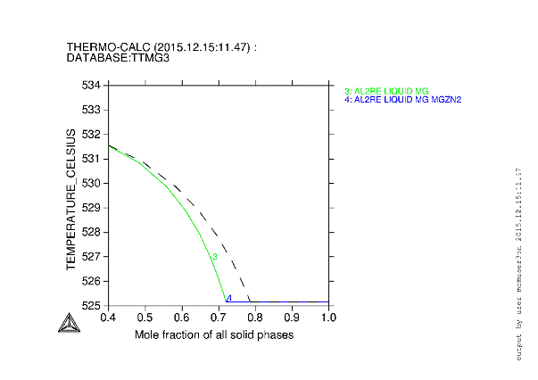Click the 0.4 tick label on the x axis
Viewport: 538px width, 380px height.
pyautogui.click(x=108, y=318)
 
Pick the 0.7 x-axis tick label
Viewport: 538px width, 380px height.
pyautogui.click(x=219, y=318)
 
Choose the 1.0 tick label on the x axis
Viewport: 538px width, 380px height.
pyautogui.click(x=329, y=318)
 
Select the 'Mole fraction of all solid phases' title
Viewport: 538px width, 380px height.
pyautogui.click(x=214, y=335)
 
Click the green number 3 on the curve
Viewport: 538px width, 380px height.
pyautogui.click(x=214, y=257)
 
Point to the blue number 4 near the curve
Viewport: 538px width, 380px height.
pyautogui.click(x=229, y=298)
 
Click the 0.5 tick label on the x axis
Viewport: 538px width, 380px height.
pyautogui.click(x=145, y=318)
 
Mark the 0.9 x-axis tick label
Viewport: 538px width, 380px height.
pyautogui.click(x=293, y=318)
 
